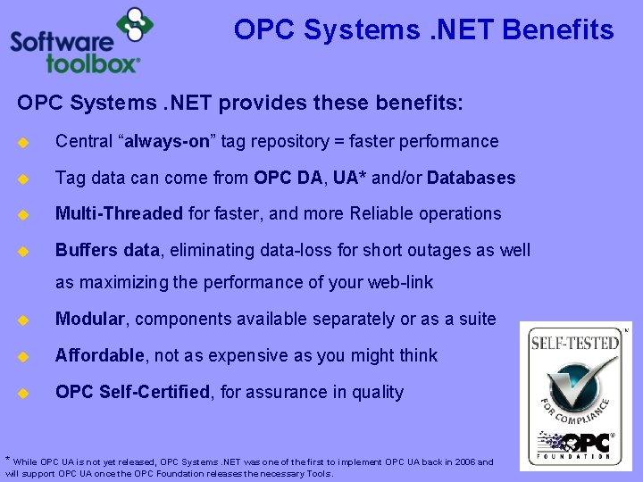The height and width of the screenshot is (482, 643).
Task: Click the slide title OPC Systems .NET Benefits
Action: pyautogui.click(x=423, y=30)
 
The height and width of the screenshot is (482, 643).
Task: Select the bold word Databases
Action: pyautogui.click(x=471, y=178)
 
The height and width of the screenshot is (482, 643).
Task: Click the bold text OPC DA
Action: pyautogui.click(x=288, y=178)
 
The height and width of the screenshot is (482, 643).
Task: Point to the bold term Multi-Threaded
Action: pyautogui.click(x=119, y=214)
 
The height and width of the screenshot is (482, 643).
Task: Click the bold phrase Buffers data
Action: pyautogui.click(x=106, y=251)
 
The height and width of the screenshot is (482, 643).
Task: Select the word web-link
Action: pyautogui.click(x=399, y=283)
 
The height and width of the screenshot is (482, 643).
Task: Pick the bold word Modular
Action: pyautogui.click(x=92, y=320)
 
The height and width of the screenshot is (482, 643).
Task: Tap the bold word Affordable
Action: pyautogui.click(x=99, y=356)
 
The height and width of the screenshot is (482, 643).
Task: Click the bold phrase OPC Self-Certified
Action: pyautogui.click(x=131, y=393)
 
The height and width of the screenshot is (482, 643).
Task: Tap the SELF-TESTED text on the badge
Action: pyautogui.click(x=574, y=341)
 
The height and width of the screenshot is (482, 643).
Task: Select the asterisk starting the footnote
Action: pyautogui.click(x=8, y=460)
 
